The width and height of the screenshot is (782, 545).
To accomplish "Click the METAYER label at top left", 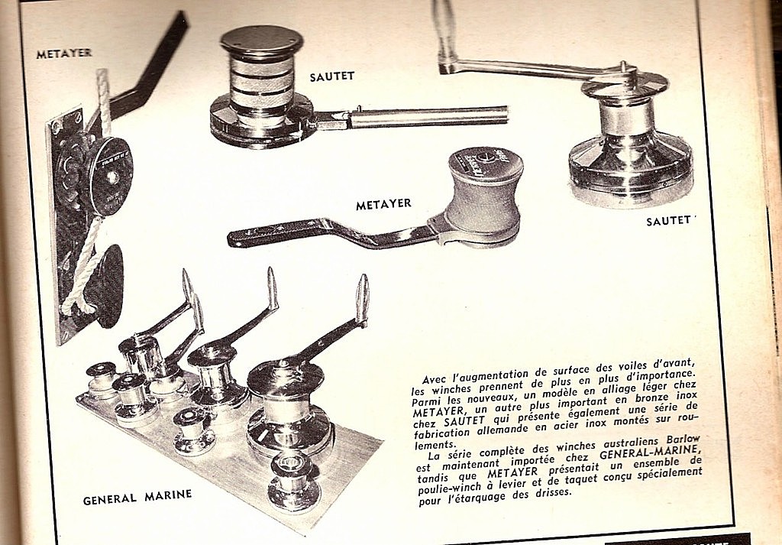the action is coord(64,54).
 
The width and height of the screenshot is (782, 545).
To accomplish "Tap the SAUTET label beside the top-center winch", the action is coord(332,77).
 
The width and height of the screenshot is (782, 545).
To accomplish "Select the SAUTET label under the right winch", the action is coord(669,221).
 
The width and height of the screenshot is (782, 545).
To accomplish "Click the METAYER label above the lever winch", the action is coord(383,205).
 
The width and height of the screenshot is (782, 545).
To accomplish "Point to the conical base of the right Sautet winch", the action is coord(631,169).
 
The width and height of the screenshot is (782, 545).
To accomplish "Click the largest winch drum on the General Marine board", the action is coord(289,409).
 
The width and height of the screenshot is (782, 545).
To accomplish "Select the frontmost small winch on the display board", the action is coord(293,482).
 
